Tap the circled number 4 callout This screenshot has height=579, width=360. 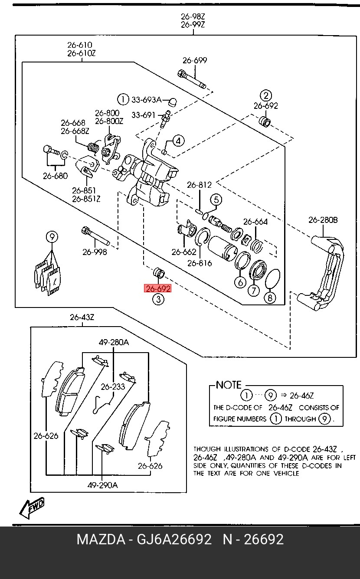click(178, 141)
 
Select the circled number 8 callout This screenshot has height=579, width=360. click(270, 298)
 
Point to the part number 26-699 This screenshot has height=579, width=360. click(194, 61)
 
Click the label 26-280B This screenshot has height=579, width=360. click(323, 220)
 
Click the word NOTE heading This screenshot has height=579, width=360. click(229, 385)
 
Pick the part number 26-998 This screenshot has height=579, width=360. click(95, 252)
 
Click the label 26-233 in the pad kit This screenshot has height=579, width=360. click(113, 386)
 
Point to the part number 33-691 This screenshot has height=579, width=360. click(143, 115)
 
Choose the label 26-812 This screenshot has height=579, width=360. click(199, 185)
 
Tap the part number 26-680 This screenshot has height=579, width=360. click(55, 176)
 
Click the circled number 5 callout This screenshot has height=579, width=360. click(216, 200)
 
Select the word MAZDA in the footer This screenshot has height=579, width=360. click(101, 540)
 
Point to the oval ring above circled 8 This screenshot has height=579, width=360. click(272, 278)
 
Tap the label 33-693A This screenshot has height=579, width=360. click(146, 100)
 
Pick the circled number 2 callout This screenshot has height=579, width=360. click(265, 96)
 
